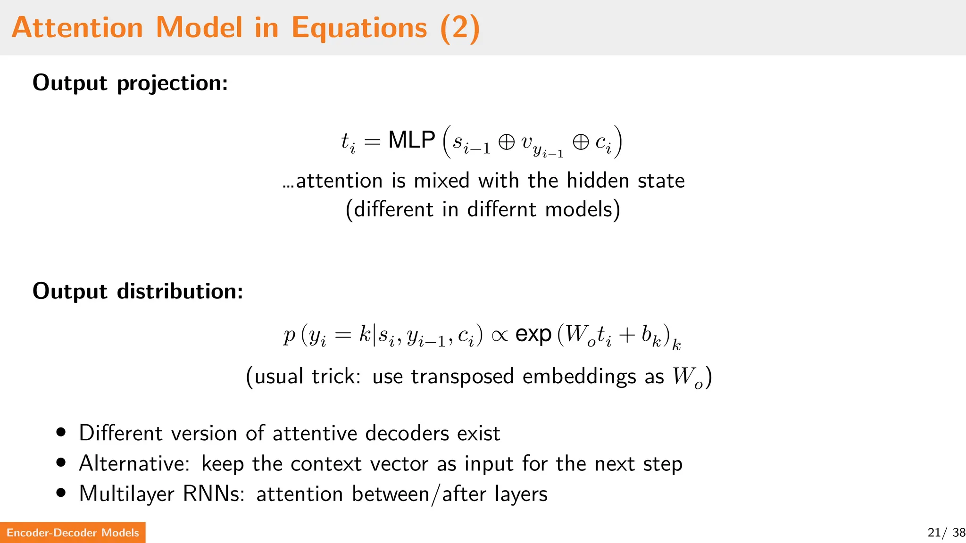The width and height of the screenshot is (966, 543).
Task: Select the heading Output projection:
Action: [x=130, y=83]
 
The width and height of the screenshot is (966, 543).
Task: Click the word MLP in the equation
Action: [x=412, y=140]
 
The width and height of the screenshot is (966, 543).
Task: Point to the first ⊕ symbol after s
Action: [x=507, y=142]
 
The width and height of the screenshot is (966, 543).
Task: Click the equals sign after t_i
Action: [x=372, y=142]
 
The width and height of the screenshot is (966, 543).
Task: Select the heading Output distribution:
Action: [x=138, y=291]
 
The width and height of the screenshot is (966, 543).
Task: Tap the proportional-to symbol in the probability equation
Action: [x=500, y=336]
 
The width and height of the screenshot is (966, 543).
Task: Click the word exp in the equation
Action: [x=533, y=335]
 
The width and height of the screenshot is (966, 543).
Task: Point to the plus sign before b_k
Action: [x=627, y=335]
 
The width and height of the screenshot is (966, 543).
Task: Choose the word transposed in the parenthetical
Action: [x=462, y=377]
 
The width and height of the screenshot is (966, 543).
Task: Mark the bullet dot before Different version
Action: [x=61, y=432]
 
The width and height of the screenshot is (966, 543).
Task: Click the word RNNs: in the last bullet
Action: [x=214, y=494]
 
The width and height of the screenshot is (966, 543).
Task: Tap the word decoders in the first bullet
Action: [x=408, y=433]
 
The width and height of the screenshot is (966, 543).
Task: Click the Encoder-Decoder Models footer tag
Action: [x=73, y=533]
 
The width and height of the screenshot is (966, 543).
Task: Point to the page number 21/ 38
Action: [x=946, y=533]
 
